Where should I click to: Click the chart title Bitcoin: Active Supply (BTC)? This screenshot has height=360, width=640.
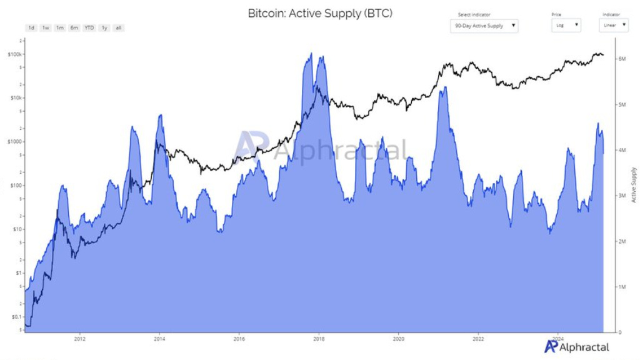tap(320, 13)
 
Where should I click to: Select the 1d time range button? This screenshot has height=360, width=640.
tap(31, 28)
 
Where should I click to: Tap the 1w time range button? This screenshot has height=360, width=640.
tap(46, 28)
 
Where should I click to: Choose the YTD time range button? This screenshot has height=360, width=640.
tap(89, 28)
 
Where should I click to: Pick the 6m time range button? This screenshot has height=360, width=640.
tap(74, 28)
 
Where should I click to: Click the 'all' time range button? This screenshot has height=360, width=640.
tap(119, 28)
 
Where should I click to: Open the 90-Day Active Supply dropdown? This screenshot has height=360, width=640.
tap(484, 26)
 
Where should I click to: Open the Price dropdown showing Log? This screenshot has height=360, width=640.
tap(566, 26)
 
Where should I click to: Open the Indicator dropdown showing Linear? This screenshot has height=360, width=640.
tap(613, 26)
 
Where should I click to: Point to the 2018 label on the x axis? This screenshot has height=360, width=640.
tap(319, 339)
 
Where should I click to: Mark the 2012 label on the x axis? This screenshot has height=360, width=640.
tap(79, 339)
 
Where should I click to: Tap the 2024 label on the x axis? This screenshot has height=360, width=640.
tap(558, 339)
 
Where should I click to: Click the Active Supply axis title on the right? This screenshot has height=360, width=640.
tap(634, 184)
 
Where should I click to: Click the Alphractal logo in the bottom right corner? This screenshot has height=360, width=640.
tap(576, 347)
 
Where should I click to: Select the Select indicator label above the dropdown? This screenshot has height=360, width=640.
tap(474, 14)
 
